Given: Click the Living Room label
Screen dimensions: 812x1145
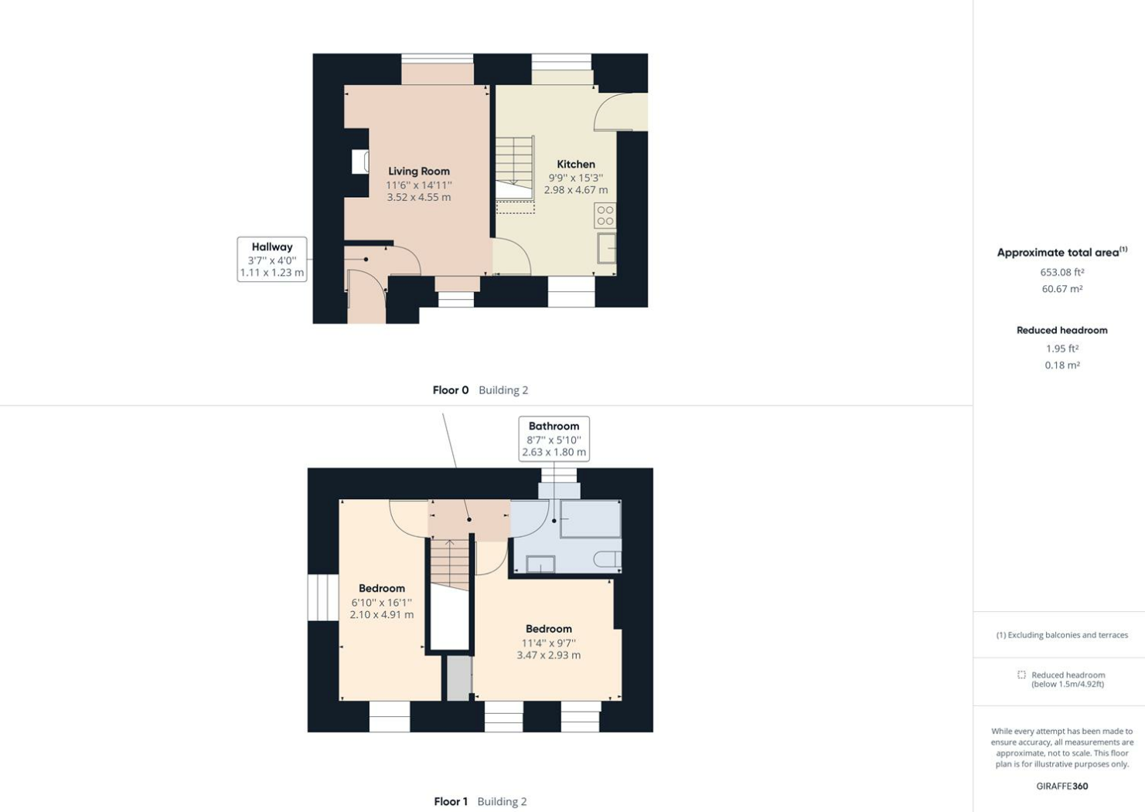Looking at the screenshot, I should point(418,172).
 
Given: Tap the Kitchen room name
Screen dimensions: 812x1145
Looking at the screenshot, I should point(576,165).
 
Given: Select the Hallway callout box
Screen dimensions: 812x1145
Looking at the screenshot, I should point(272,260).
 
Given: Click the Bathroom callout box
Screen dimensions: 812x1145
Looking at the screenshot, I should point(554,439).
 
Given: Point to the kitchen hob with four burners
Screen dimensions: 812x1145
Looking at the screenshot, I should point(605,216).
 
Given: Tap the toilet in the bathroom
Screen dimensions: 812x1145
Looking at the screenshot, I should point(608,559).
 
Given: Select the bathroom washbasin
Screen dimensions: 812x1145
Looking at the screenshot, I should point(540,564).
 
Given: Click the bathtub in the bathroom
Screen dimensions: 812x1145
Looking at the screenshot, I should point(590,519).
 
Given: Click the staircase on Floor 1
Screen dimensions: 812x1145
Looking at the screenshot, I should point(450,564).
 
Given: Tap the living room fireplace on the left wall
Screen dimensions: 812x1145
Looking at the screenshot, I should point(360,161).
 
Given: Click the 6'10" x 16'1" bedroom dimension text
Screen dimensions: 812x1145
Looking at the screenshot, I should point(381,603).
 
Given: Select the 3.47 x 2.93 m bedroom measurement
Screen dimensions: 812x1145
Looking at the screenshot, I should point(548,655).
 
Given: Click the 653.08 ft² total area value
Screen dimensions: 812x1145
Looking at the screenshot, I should point(1062,272).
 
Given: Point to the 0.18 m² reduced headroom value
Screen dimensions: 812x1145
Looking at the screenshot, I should point(1062,365).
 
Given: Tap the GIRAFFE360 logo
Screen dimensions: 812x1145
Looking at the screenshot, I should point(1062,787).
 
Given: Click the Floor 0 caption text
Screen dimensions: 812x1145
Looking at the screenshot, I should point(451,390).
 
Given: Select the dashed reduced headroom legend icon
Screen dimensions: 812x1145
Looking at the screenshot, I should point(1021,675).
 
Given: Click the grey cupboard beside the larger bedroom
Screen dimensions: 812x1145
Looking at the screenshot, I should point(458,678).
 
